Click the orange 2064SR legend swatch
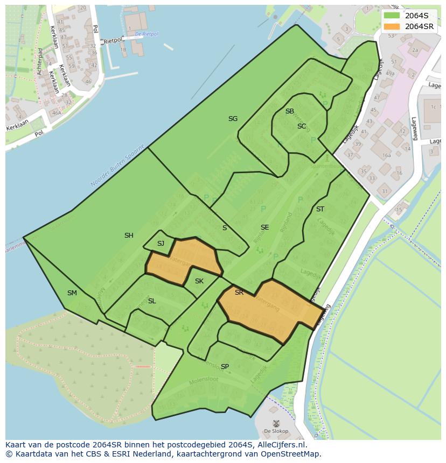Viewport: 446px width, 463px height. click(392, 26)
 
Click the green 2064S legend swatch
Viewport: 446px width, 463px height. click(392, 15)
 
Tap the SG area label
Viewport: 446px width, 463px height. click(233, 119)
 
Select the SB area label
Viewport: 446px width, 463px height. click(290, 111)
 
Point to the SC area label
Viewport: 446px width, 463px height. click(302, 126)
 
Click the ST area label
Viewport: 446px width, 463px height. click(320, 209)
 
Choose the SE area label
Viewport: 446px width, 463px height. click(264, 227)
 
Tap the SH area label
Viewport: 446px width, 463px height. click(129, 236)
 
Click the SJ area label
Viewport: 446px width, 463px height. click(161, 244)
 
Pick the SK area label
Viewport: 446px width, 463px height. click(199, 281)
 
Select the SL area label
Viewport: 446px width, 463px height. click(152, 301)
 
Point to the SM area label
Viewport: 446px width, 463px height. click(72, 293)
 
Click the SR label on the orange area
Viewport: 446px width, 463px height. click(239, 293)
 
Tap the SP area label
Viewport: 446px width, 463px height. click(225, 367)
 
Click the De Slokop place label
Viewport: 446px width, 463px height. click(276, 431)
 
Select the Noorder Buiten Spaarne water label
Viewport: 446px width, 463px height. click(117, 166)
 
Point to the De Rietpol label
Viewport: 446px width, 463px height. click(147, 34)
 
